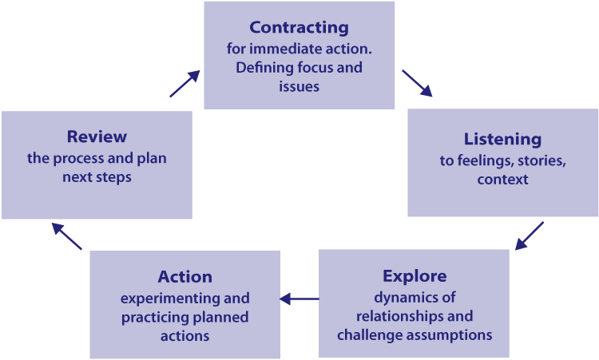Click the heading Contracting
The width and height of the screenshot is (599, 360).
click(299, 27)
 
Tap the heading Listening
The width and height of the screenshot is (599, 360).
click(502, 139)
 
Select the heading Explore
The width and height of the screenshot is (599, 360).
click(415, 277)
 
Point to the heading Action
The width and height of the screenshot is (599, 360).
click(185, 277)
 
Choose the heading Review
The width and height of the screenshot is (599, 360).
click(97, 136)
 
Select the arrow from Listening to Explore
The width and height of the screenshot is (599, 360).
click(530, 235)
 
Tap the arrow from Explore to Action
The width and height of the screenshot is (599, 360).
click(299, 299)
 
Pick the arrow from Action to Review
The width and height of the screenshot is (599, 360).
click(68, 236)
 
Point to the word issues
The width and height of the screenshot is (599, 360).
click(299, 86)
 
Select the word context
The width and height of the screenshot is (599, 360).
click(502, 180)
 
